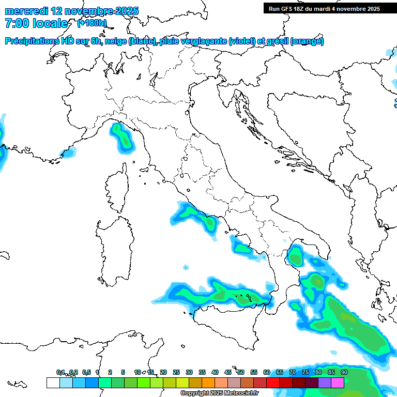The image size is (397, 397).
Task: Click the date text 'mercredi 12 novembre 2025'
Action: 71,11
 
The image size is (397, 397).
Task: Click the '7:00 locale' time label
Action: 36,23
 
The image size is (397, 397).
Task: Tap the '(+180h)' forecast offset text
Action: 91,23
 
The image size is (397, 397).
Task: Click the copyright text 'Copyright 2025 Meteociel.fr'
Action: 219,393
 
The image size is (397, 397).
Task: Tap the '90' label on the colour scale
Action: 344,372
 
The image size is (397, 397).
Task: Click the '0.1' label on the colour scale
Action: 61,372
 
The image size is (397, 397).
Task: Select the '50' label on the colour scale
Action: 241,372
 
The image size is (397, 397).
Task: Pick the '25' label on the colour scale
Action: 176,372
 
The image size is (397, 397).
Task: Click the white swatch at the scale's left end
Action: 53,383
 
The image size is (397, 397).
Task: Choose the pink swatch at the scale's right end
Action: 338,383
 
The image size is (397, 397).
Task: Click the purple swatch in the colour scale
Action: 325,383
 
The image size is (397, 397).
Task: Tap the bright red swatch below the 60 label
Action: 273,383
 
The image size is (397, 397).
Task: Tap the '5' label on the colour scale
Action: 123,372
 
